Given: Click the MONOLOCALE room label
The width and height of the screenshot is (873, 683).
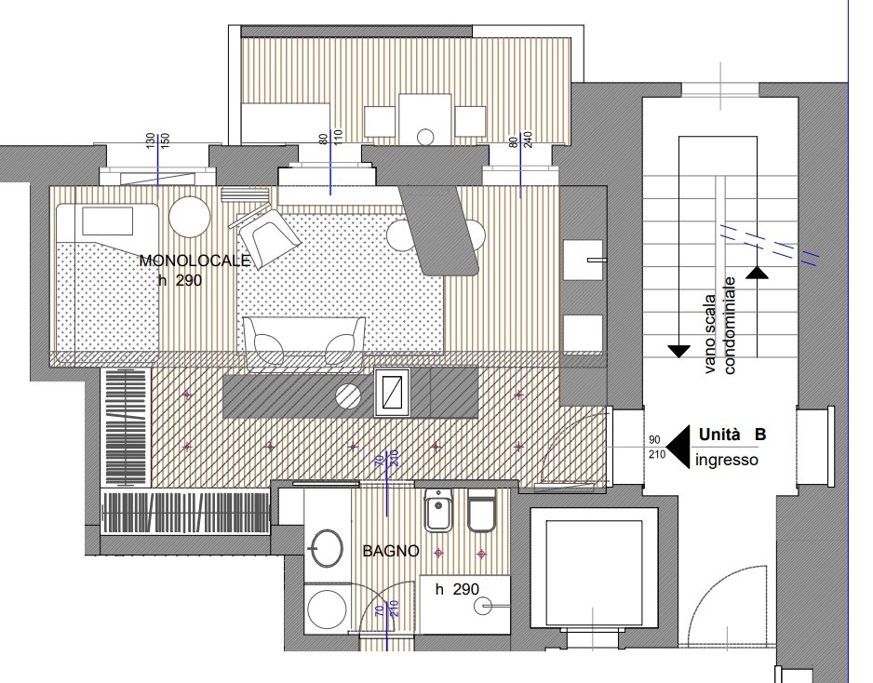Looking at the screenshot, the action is (195, 261).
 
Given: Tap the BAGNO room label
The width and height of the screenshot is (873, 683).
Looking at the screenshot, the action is (391, 551).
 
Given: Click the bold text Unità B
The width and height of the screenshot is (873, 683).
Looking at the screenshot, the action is (732, 435).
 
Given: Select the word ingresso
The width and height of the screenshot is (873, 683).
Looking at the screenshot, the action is (727, 461).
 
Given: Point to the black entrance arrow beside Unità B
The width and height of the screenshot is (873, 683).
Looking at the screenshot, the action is (678, 447).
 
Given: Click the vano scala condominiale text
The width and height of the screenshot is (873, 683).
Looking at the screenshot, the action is (722, 326).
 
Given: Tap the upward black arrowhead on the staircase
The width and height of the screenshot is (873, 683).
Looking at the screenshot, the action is (757, 273).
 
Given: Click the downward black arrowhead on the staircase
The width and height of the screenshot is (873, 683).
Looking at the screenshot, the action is (678, 351).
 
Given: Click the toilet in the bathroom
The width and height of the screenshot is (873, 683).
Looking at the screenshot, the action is (481, 511).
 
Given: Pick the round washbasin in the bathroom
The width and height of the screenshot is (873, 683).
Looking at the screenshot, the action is (325, 548).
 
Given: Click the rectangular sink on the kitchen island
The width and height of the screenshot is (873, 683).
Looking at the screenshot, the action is (393, 392).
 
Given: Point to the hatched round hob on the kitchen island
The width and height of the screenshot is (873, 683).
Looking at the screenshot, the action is (348, 395).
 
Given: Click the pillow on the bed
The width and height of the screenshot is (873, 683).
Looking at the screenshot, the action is (107, 221).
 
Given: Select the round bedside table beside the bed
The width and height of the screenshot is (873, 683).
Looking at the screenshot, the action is (190, 218).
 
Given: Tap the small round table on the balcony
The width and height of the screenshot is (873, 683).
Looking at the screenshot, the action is (425, 137).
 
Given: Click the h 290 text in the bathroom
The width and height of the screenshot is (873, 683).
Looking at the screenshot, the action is (457, 590).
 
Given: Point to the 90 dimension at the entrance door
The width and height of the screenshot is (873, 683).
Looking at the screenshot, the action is (655, 440).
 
